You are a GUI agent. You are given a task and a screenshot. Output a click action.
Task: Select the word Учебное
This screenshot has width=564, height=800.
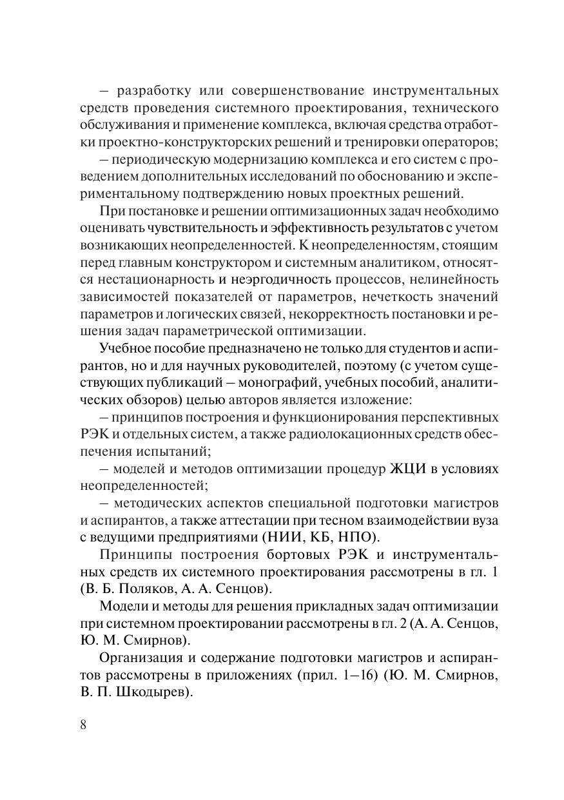click(128, 348)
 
